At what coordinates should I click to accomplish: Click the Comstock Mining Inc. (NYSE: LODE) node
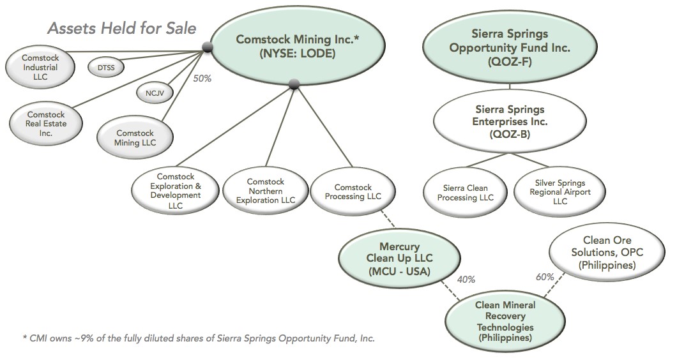[298, 47]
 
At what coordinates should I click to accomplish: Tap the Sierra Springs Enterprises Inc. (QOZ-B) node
[509, 121]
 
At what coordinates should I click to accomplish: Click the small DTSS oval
[105, 66]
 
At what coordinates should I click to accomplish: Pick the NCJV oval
[151, 93]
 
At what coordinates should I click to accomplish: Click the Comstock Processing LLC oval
[349, 191]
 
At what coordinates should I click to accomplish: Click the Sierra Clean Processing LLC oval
[468, 193]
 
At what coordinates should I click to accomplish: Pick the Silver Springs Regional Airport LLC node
[559, 192]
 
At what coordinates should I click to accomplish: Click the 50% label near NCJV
[202, 79]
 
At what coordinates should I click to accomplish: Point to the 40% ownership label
[466, 279]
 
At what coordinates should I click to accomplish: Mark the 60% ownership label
[545, 276]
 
